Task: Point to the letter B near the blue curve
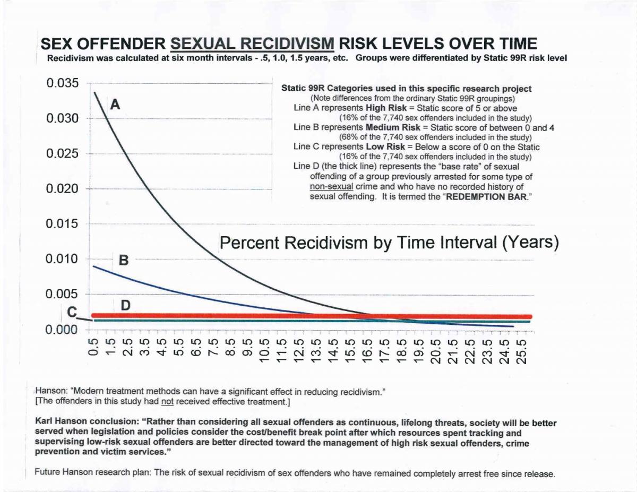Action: pyautogui.click(x=123, y=261)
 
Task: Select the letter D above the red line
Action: pyautogui.click(x=126, y=305)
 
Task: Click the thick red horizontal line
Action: pyautogui.click(x=318, y=316)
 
